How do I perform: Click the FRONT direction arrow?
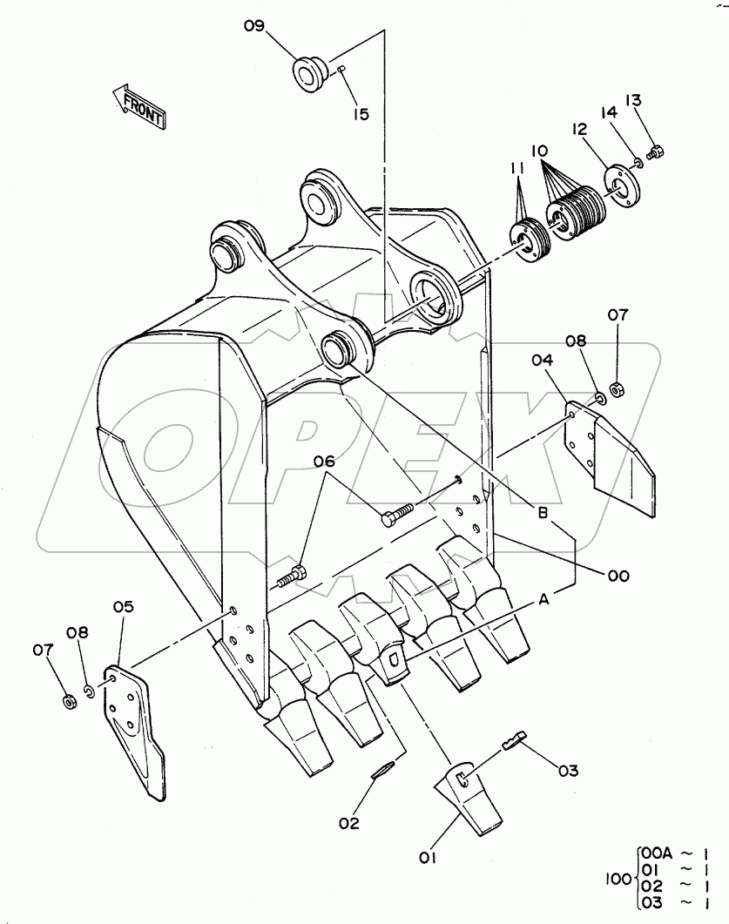[138, 105]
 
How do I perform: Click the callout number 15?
[361, 114]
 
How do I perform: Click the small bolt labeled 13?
[658, 152]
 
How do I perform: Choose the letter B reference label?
[543, 514]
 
